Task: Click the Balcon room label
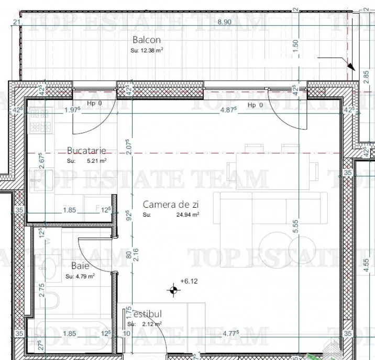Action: tap(147, 40)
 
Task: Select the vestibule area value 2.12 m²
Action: tap(151, 324)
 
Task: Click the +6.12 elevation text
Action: tap(188, 282)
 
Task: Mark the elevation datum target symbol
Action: tap(172, 288)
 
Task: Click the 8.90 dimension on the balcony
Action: tap(224, 22)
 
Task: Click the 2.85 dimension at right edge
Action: tap(366, 75)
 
